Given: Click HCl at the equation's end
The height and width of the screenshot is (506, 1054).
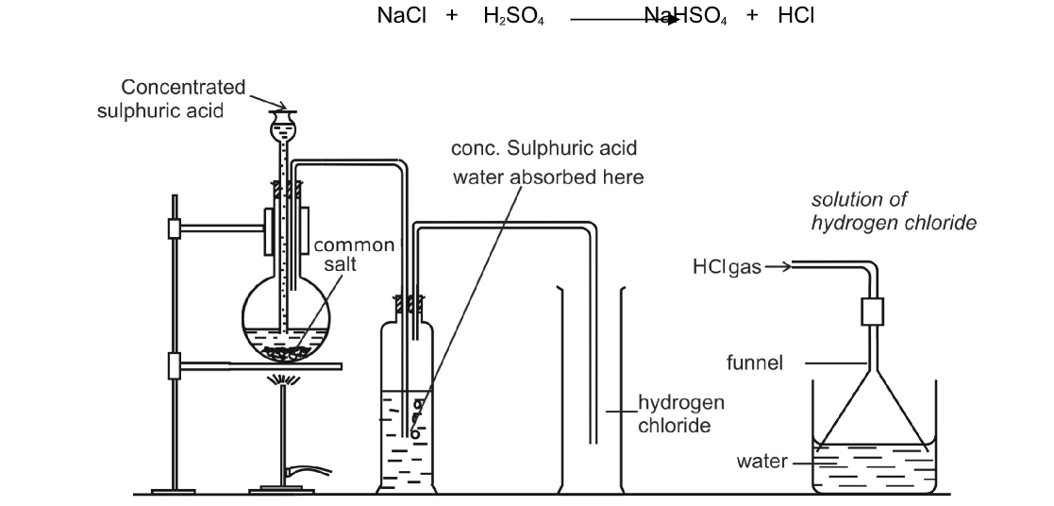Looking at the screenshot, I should [797, 16].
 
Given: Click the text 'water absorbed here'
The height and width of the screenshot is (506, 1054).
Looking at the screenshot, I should [548, 177].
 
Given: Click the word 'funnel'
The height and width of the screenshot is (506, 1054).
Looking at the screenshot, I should [754, 363].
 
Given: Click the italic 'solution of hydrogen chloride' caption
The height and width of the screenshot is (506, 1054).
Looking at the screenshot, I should [893, 211].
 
